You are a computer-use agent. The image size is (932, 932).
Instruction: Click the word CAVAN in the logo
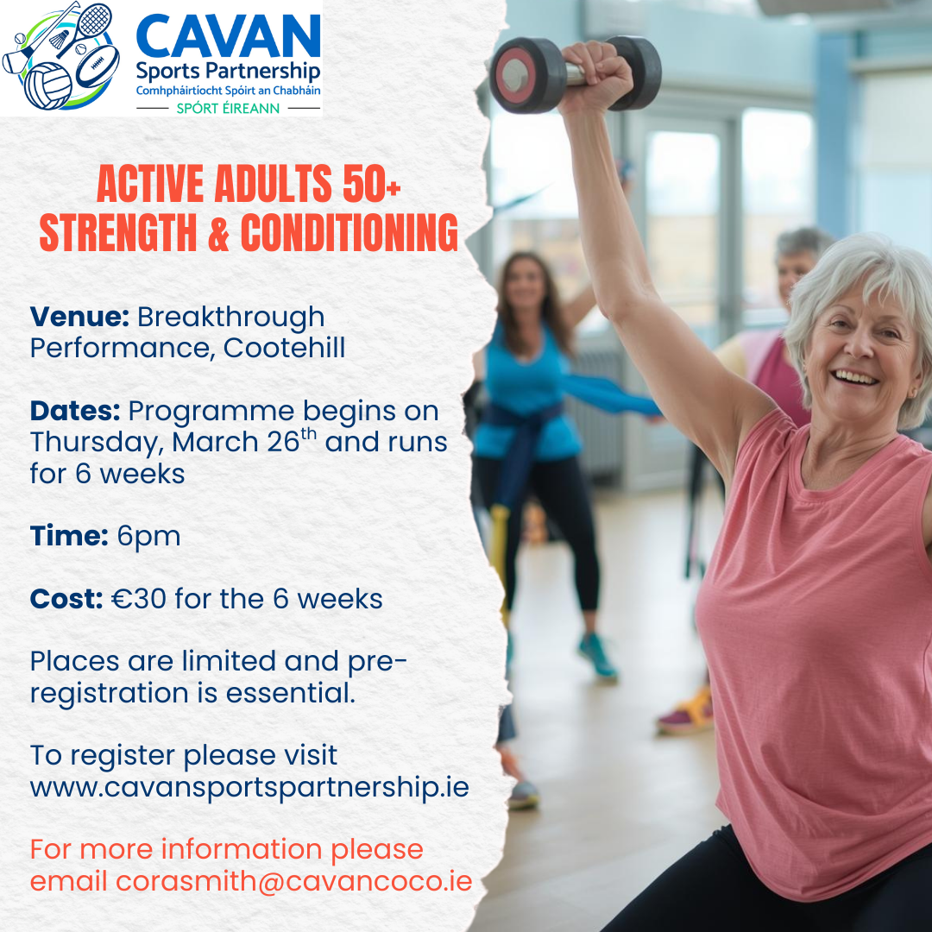pos(228,37)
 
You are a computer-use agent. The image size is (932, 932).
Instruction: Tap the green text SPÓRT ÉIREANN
pos(228,108)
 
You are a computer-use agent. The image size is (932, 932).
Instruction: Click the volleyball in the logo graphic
pos(47,85)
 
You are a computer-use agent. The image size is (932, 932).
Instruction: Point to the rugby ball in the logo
pos(97,66)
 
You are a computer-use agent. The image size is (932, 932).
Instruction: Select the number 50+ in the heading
pos(371,184)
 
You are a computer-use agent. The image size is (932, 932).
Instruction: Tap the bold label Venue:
pos(79,316)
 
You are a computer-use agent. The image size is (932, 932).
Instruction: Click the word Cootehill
pos(284,348)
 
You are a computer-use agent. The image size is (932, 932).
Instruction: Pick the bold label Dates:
pos(75,411)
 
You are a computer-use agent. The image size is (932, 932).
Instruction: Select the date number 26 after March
pos(283,442)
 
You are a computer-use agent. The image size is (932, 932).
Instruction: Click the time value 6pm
pos(148,537)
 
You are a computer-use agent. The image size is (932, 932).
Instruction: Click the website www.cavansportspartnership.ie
pos(249,788)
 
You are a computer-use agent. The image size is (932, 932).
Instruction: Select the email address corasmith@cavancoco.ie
pos(294,881)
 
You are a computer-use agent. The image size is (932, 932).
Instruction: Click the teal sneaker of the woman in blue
pos(598,656)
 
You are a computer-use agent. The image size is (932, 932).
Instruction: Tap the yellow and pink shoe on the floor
pos(686,712)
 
